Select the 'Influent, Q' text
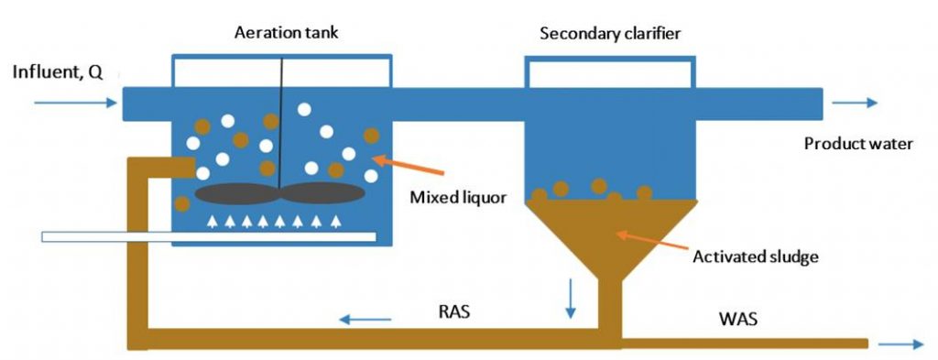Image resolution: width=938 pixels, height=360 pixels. pos(57,73)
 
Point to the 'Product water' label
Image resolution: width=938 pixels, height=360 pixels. pos(858,144)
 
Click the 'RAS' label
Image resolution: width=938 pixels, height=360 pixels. pos(454,311)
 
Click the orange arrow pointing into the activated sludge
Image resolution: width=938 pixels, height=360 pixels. pos(650,242)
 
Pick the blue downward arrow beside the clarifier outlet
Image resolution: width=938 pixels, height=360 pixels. pos(571,300)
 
